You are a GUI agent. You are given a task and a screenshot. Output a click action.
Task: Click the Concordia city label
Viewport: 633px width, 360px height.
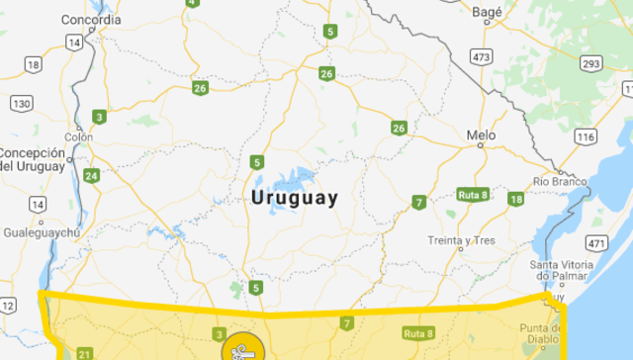[91, 19]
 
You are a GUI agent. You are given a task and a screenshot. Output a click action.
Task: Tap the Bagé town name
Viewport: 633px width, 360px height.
[487, 12]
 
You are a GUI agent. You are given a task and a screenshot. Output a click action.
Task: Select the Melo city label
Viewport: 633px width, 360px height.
[481, 135]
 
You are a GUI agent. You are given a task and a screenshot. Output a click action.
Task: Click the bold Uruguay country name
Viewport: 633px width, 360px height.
[295, 197]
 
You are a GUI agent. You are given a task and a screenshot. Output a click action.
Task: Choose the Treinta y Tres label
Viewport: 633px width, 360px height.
[461, 240]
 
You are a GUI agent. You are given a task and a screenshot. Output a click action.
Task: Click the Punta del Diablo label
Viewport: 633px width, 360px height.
[540, 333]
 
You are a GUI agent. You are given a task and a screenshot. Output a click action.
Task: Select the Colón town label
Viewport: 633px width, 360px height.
[78, 136]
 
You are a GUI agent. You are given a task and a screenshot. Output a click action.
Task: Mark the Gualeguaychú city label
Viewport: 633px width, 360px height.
[42, 231]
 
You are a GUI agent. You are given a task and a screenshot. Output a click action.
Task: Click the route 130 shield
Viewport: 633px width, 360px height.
[22, 103]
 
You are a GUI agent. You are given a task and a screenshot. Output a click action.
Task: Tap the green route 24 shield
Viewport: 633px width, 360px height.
[91, 176]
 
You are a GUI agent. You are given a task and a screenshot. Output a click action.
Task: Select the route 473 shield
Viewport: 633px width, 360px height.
[482, 57]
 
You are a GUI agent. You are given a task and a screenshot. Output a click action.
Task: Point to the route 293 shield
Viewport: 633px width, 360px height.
[590, 64]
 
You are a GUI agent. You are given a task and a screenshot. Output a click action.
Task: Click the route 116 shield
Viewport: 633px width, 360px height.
[586, 135]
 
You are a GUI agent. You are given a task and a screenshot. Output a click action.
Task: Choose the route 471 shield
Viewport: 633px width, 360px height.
[596, 242]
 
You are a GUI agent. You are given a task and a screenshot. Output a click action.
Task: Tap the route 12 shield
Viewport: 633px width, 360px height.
[8, 306]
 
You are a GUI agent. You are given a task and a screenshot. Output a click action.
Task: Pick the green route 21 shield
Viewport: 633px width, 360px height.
[84, 353]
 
